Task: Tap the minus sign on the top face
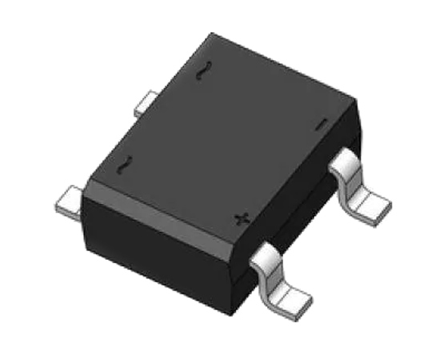321,124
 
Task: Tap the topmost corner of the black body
213,34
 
